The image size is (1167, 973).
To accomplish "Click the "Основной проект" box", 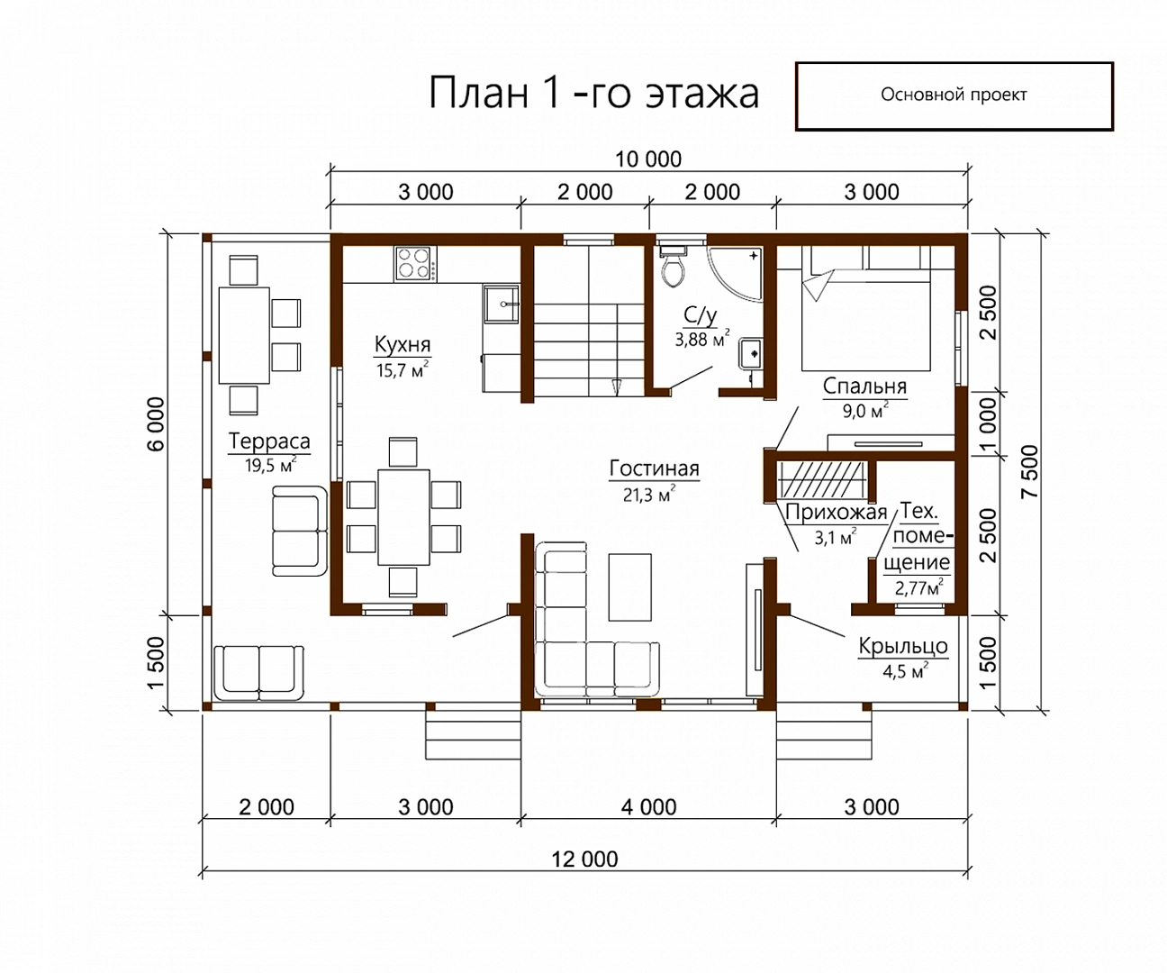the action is point(954,96).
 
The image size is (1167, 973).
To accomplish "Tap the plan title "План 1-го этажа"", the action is point(593,92).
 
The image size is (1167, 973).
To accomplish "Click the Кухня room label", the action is point(403,345).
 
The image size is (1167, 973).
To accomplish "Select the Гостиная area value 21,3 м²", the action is point(649,494).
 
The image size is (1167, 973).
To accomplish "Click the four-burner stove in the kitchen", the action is point(416,263).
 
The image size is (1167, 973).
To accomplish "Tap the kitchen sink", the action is point(501,305).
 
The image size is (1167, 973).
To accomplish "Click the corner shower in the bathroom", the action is point(734,274).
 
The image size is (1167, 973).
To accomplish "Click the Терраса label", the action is point(269,441).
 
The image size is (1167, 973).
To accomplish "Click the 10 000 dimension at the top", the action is point(648,159).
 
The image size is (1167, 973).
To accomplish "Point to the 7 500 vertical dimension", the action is point(1029,471).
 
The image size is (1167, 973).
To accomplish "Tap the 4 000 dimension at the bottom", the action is point(648,807).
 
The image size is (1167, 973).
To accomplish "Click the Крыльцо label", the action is point(903,647).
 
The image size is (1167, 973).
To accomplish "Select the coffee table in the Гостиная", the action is point(630,587).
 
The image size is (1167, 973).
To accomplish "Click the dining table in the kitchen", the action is point(403,517).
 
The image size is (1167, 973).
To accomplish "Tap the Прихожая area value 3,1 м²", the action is point(835,537).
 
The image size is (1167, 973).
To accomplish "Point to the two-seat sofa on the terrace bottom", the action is point(258,673).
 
